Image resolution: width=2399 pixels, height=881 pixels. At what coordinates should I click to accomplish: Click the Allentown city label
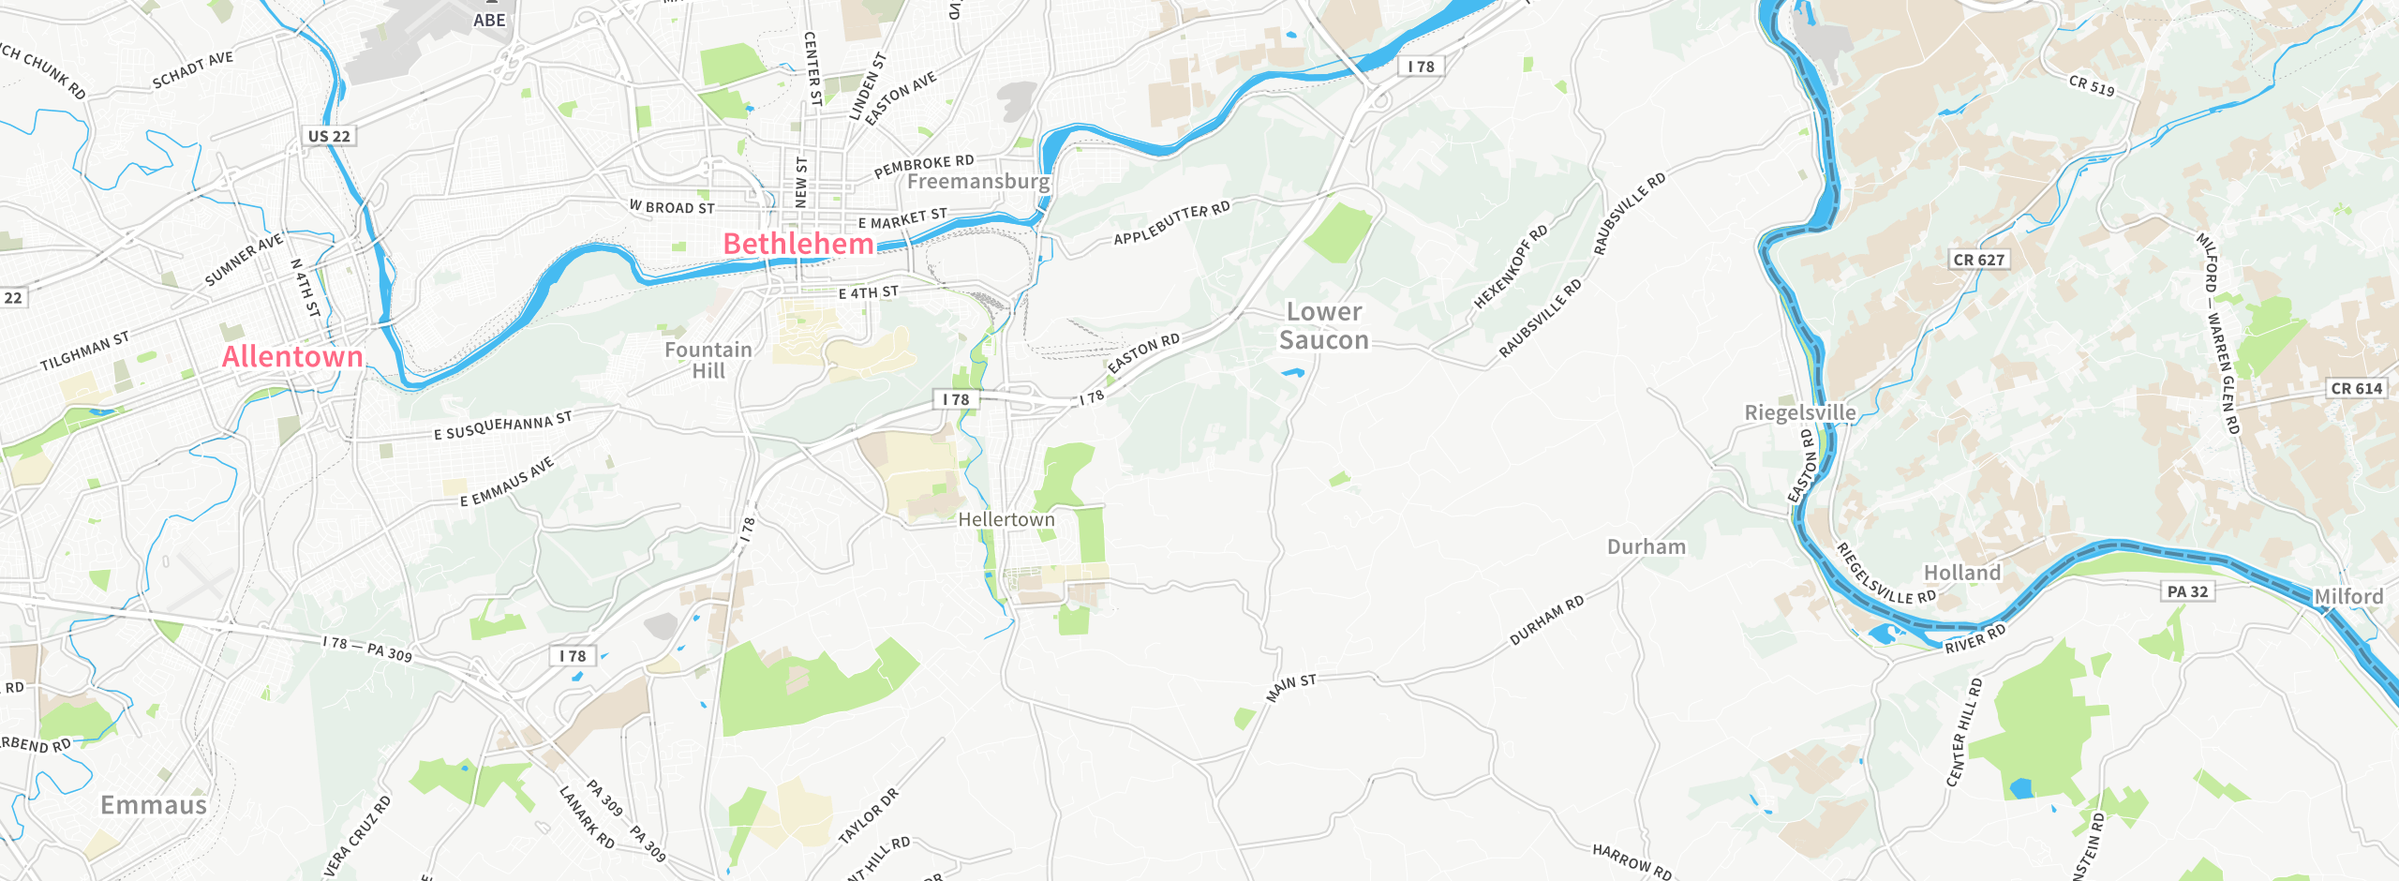click(292, 357)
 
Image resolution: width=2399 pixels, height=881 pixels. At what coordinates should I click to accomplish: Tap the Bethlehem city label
click(798, 245)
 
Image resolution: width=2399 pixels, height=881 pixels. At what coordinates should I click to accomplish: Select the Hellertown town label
click(1006, 519)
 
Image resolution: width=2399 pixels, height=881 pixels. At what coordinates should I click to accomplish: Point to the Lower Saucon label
click(1324, 325)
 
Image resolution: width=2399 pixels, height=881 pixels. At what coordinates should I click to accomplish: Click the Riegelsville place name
click(1799, 412)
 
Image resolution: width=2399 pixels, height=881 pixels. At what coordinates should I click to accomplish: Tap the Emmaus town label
click(154, 805)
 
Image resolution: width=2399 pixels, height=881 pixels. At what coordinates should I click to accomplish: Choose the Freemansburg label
click(978, 181)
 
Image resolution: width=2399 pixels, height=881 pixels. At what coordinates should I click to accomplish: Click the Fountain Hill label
click(708, 360)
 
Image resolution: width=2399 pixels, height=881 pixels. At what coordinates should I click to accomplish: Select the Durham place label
click(1647, 546)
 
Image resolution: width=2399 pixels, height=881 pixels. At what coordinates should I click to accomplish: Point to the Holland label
click(1962, 573)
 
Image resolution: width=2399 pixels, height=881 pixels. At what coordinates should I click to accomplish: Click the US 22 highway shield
click(329, 136)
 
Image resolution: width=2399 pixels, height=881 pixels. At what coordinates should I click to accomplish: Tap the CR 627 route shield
click(1979, 260)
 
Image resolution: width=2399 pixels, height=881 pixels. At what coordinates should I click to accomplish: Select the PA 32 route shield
click(2188, 591)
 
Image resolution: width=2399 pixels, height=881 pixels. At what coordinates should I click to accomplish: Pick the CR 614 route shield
click(2356, 388)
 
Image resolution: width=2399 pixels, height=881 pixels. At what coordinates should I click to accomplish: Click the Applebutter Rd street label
click(1171, 223)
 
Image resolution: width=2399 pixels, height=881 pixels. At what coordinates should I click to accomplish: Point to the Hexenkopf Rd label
click(1511, 267)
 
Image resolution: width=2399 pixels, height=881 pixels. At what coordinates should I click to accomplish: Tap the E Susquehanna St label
click(502, 426)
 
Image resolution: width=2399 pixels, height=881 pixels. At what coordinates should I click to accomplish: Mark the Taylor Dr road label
click(868, 815)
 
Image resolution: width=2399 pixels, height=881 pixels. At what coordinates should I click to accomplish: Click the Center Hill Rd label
click(1964, 732)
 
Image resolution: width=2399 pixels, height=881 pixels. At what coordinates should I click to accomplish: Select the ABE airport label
click(489, 20)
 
